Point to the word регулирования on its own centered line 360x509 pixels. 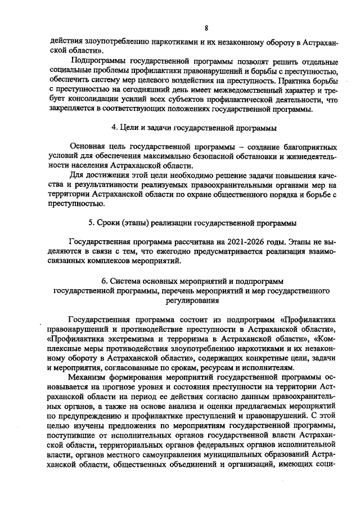pyautogui.click(x=190, y=301)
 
